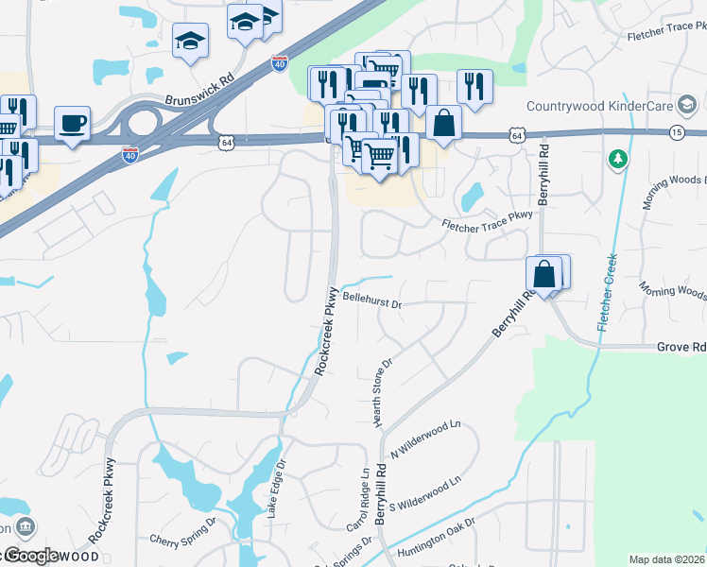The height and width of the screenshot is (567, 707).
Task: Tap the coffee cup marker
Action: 72,123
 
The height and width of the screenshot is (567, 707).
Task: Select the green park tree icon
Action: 618,160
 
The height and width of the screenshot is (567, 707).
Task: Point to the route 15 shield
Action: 677,133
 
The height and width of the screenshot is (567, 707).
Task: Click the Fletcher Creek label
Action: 606,292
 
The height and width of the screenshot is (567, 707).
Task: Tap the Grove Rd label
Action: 681,348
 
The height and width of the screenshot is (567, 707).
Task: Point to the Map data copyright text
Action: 666,559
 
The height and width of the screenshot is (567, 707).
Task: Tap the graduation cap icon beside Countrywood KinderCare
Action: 683,106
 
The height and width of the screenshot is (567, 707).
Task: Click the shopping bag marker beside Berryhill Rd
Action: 545,274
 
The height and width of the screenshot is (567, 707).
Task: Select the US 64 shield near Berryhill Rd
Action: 516,136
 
